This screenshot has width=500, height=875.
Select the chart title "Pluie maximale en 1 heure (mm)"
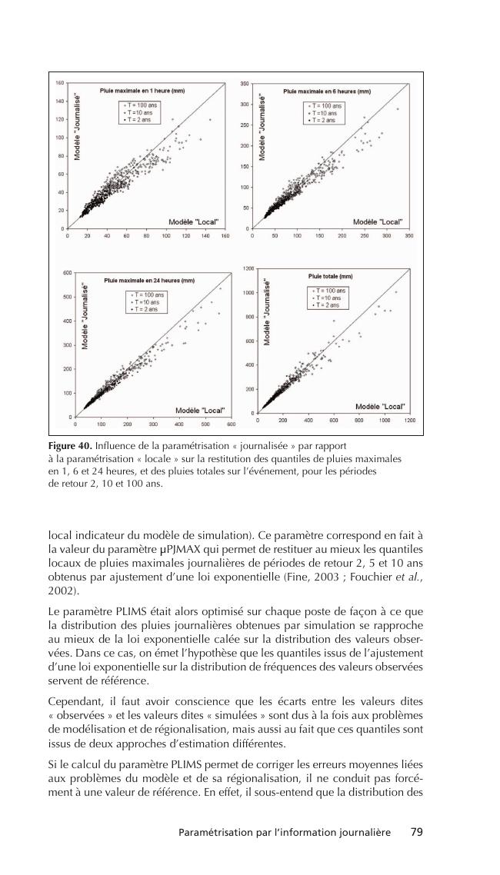[x=142, y=91]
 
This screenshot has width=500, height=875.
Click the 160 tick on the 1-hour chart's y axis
[x=60, y=82]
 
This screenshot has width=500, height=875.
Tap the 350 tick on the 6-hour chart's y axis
[x=244, y=82]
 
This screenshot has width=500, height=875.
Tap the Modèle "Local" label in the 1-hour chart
[x=194, y=221]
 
